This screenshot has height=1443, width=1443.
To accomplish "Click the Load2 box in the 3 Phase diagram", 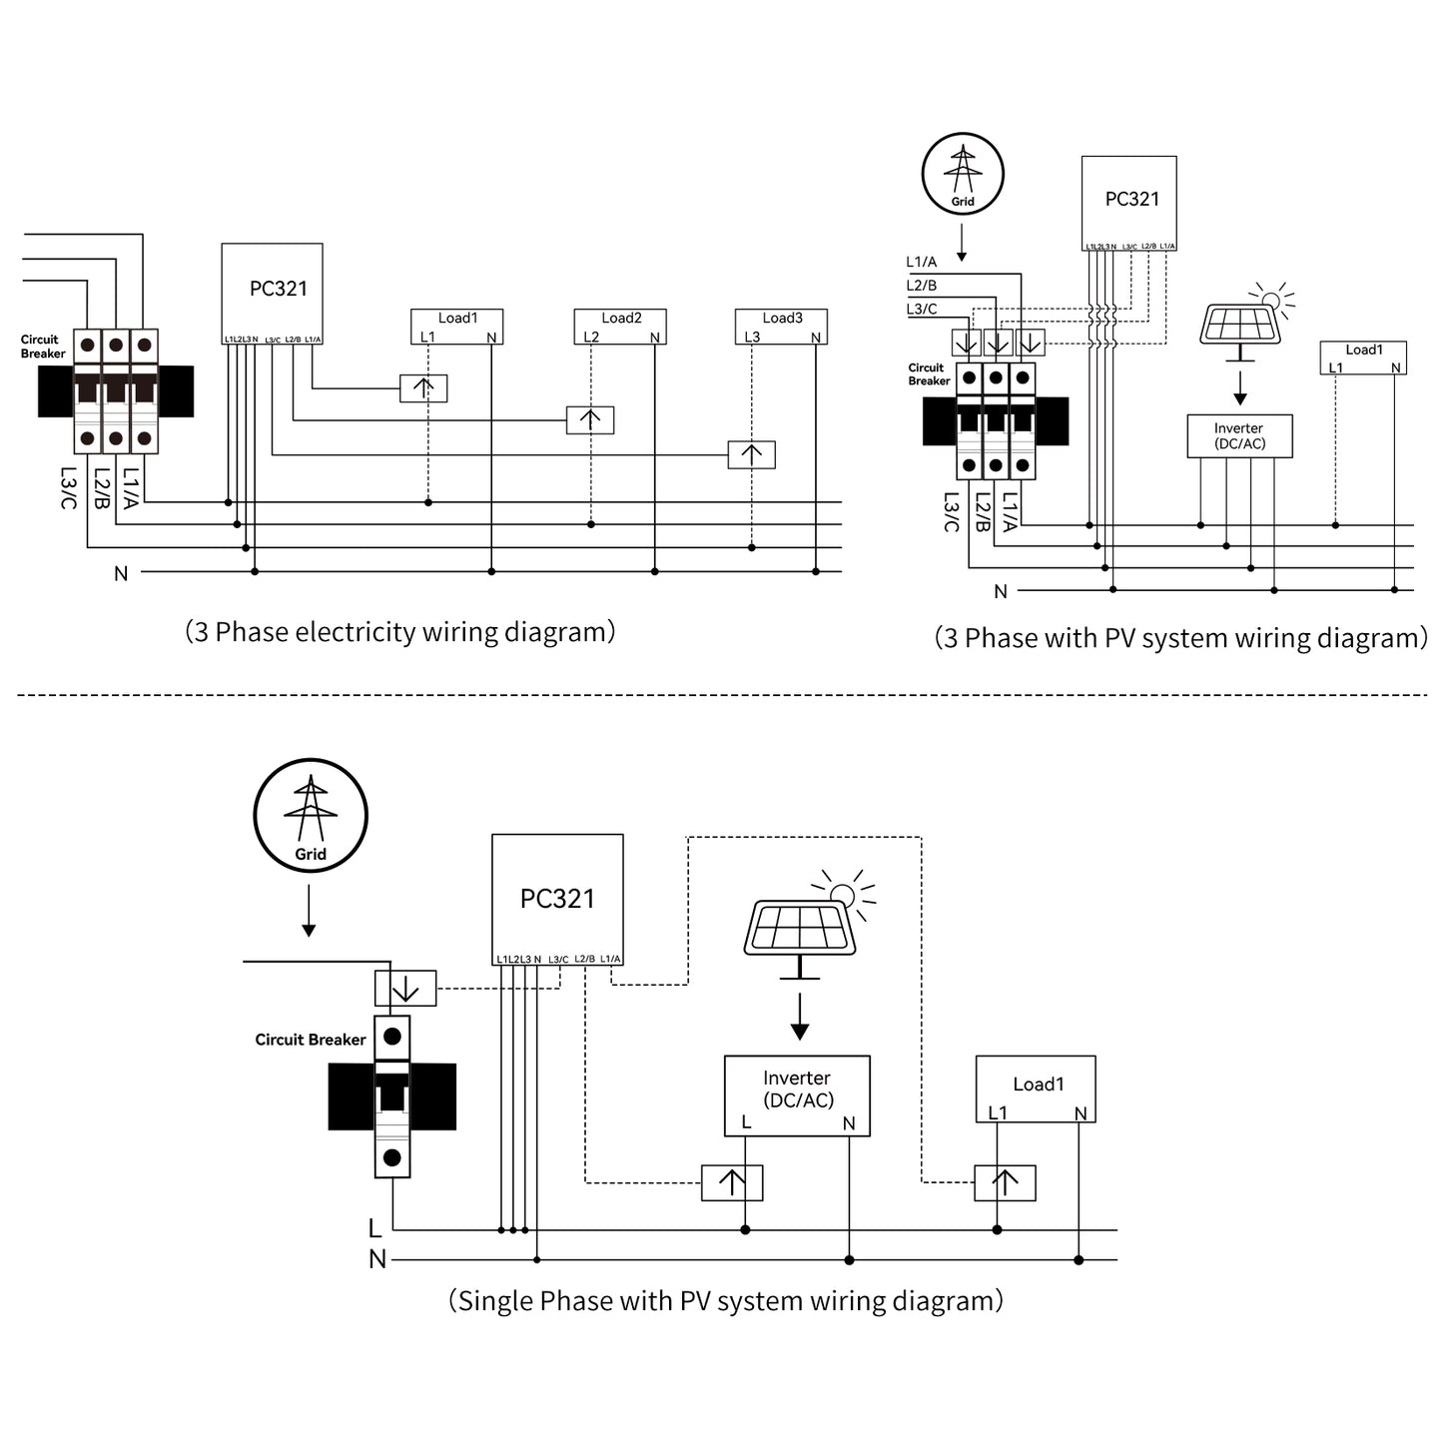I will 620,327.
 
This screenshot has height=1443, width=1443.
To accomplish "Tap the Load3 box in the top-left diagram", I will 782,327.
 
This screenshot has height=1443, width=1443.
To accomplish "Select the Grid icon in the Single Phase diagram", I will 311,815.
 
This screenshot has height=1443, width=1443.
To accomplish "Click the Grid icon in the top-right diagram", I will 962,174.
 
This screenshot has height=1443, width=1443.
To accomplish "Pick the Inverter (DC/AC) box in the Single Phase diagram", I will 797,1095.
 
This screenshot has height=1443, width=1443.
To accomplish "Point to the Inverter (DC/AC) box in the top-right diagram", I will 1239,436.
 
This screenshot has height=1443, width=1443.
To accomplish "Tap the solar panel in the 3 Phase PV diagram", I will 1240,323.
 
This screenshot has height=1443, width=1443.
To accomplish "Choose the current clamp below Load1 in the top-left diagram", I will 423,388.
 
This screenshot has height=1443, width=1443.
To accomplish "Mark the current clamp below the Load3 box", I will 752,454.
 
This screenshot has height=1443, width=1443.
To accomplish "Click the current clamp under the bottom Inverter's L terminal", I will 732,1182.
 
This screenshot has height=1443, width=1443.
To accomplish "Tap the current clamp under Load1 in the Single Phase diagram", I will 1005,1183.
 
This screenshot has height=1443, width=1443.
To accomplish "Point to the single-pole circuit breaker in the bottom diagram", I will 392,1095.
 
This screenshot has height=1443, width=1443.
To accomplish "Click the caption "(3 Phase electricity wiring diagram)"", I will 400,632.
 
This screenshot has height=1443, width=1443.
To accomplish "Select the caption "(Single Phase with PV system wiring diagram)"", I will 726,1301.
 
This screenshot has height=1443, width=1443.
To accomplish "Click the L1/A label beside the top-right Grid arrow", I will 922,262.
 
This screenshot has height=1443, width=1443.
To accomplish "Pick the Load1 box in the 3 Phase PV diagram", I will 1363,358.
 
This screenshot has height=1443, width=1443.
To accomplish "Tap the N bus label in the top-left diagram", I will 121,574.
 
